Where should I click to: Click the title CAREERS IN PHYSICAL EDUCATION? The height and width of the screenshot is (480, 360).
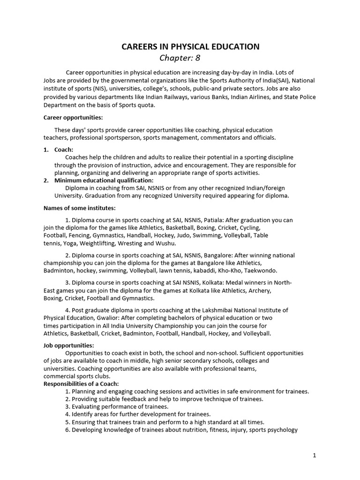click(190, 46)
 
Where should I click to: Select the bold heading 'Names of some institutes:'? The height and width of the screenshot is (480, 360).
click(79, 208)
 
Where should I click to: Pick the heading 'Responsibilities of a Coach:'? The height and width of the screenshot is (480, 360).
click(82, 383)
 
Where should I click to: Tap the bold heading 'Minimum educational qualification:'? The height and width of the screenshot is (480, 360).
click(104, 180)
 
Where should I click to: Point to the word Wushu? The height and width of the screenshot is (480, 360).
click(166, 243)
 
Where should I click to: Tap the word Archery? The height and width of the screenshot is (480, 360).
click(260, 291)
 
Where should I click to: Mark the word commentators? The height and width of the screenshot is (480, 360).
click(224, 137)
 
